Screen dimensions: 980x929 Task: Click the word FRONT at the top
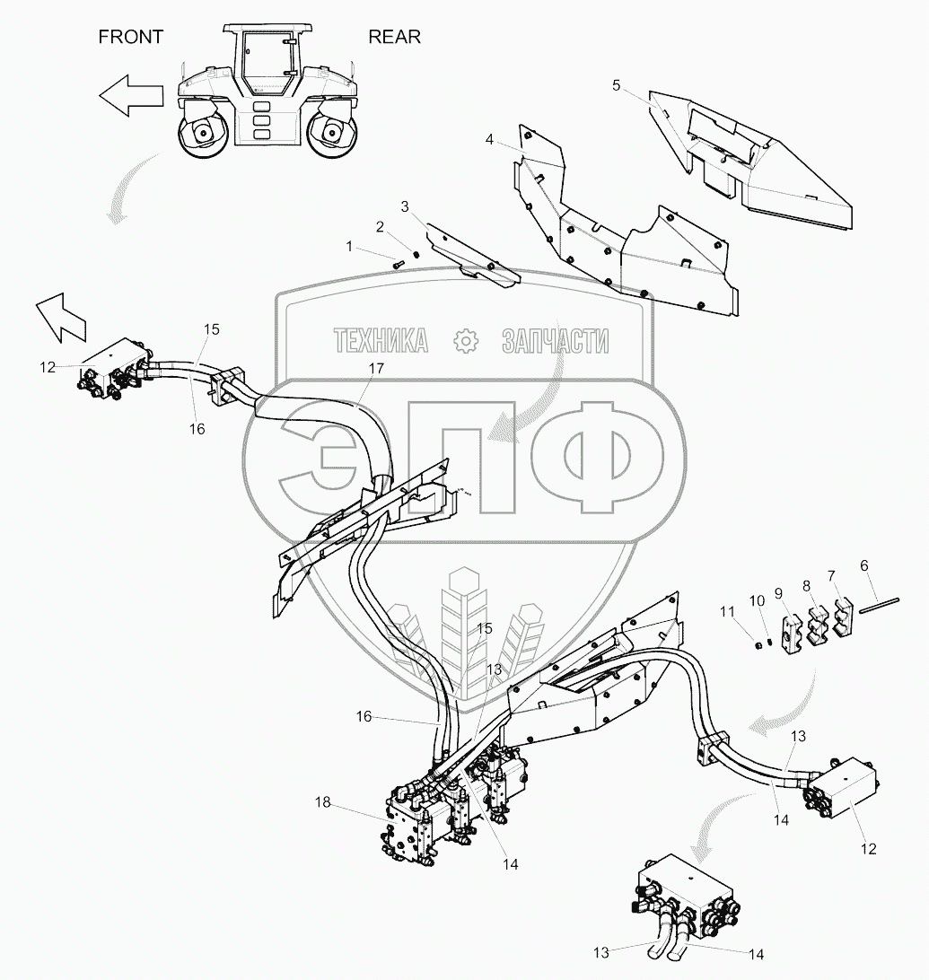pos(131,37)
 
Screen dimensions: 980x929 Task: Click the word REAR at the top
pos(394,37)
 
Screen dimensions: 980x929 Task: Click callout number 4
pos(489,139)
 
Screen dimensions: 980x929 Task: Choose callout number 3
pos(405,207)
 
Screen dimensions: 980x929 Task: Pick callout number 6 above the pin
pos(864,566)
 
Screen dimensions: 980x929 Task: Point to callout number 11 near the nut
pos(728,611)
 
